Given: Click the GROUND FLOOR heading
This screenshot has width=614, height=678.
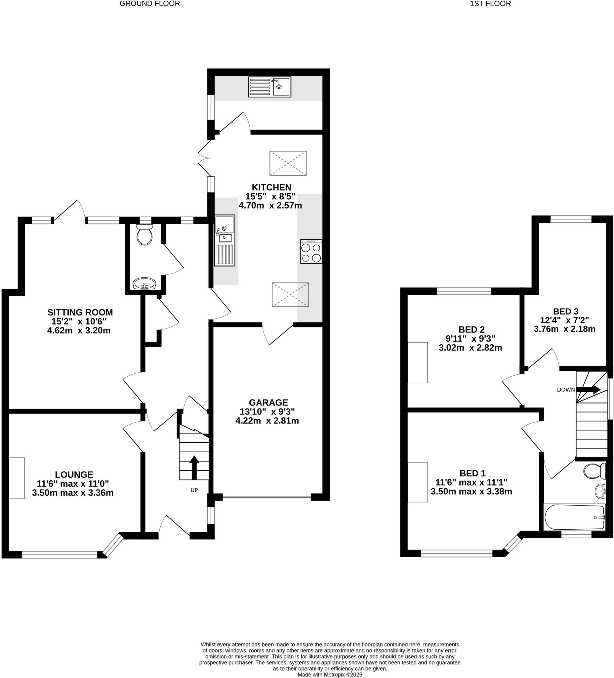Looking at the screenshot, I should pos(149,4).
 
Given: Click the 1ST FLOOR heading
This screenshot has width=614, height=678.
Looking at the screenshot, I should pos(490,4).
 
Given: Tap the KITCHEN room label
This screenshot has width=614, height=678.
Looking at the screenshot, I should pos(271,187).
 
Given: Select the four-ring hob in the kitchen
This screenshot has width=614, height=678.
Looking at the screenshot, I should pos(311,252).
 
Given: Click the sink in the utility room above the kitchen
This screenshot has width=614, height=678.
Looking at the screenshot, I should pos(269,87).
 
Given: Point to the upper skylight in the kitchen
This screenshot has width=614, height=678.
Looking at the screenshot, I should pos(288,163).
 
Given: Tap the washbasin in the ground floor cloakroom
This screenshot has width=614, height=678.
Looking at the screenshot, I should pos(144,283).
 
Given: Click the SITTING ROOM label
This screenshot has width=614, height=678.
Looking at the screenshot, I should pos(80,312).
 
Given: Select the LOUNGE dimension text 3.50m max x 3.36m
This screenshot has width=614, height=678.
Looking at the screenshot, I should pos(72,493).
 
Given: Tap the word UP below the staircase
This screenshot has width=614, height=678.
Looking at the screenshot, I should pos(194,490).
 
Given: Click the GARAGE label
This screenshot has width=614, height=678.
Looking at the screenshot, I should pos(268,403).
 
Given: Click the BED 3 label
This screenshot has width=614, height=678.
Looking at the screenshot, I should pos(566,312).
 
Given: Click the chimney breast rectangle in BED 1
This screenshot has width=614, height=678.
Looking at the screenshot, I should pos(417,482).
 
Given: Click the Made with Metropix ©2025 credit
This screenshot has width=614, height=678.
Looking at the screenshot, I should pos(330,674).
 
